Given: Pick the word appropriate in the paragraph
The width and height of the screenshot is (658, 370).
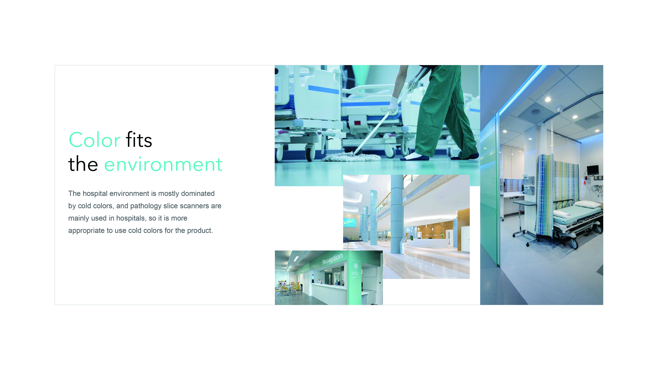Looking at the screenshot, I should [86, 230].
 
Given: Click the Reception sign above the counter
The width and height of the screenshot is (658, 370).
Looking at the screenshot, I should [332, 259].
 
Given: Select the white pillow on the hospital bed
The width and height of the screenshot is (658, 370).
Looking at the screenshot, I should [587, 204].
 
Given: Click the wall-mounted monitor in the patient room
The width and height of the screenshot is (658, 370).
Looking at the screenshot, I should [592, 169].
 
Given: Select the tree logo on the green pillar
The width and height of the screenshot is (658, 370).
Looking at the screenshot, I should [355, 266].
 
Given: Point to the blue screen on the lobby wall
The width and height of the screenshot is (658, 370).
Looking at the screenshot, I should [349, 223].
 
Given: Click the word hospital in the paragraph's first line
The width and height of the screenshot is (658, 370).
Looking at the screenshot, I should [95, 193].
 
